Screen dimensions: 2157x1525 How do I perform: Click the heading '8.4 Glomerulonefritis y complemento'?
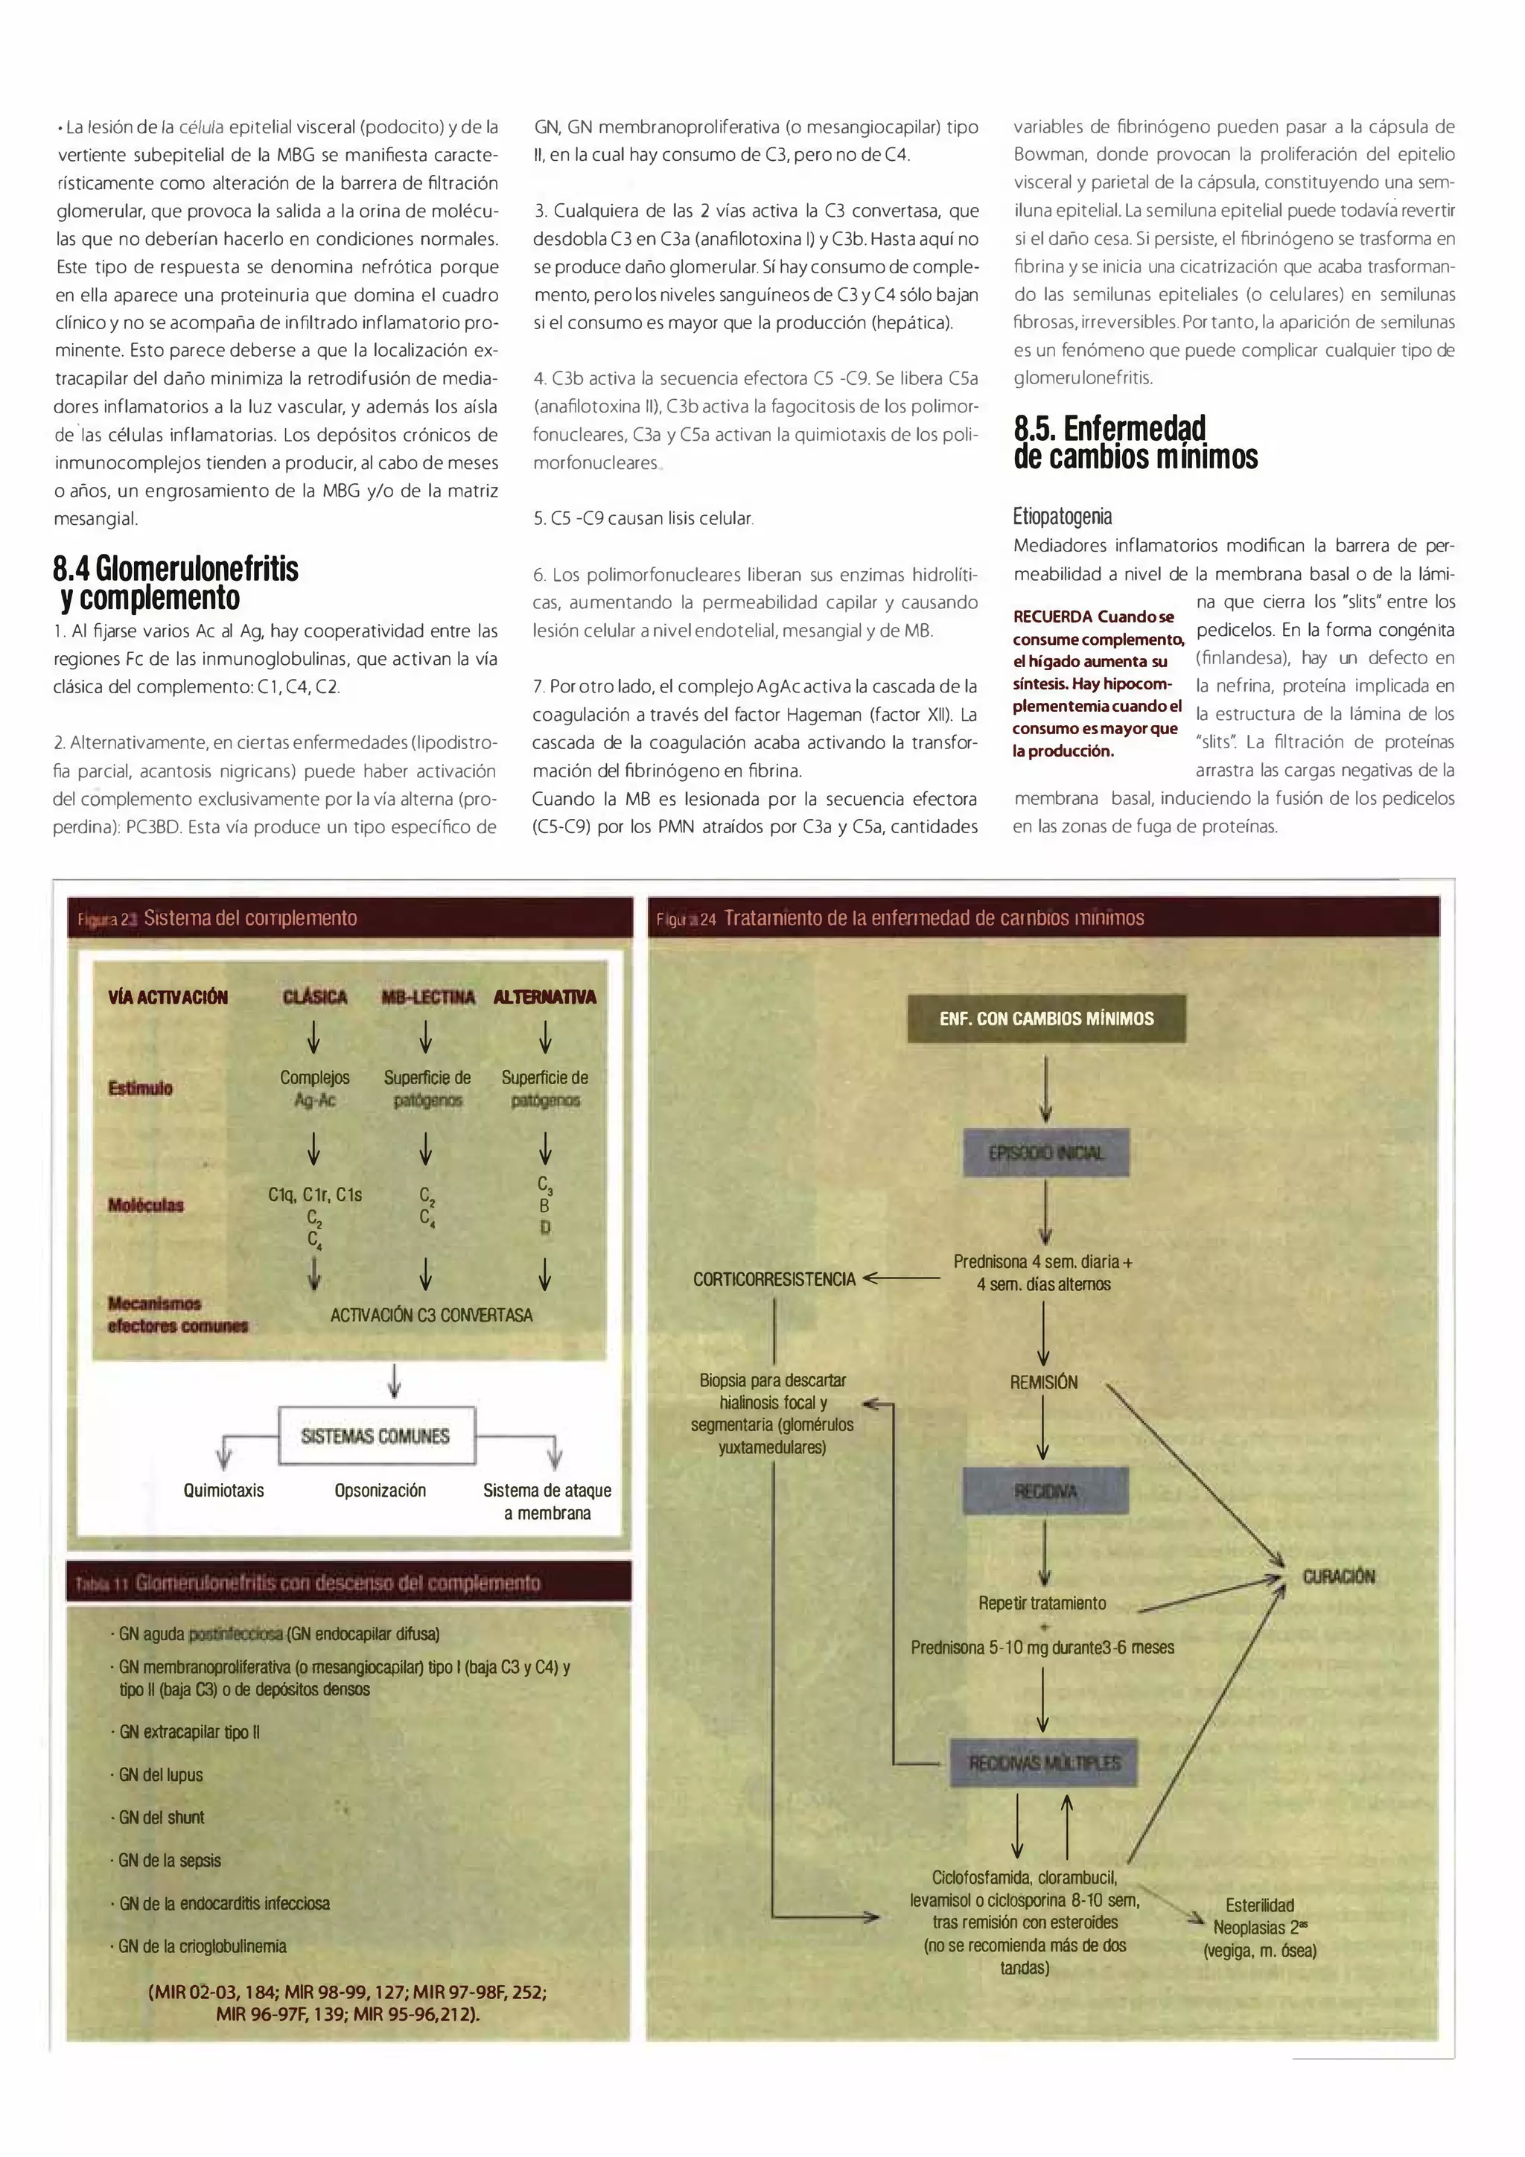click(176, 582)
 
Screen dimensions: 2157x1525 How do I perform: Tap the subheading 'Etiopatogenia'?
click(1062, 516)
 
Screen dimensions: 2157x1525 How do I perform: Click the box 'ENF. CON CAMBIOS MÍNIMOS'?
click(1045, 1019)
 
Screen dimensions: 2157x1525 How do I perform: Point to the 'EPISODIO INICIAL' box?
click(1045, 1153)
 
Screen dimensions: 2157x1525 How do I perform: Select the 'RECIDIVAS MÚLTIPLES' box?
click(1044, 1763)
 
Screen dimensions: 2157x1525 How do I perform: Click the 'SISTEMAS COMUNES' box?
click(376, 1436)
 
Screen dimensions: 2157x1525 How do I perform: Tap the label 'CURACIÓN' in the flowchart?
click(1338, 1577)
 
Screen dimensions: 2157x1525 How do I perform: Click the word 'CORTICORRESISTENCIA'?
click(774, 1278)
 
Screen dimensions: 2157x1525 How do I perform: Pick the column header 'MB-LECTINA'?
click(427, 997)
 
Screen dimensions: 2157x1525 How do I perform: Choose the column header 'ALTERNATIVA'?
click(544, 997)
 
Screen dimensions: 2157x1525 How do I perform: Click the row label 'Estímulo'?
click(140, 1088)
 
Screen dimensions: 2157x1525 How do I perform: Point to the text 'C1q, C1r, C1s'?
click(315, 1195)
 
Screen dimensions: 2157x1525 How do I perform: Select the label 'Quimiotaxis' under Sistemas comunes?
click(223, 1491)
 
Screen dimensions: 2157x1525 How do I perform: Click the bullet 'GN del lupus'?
click(161, 1774)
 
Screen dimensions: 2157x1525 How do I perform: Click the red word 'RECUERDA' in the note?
click(1051, 616)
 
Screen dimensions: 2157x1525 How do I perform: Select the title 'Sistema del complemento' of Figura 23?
click(250, 918)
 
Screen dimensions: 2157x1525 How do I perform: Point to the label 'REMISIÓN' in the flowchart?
click(1043, 1382)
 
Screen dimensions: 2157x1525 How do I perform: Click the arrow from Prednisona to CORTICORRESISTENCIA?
click(900, 1278)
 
